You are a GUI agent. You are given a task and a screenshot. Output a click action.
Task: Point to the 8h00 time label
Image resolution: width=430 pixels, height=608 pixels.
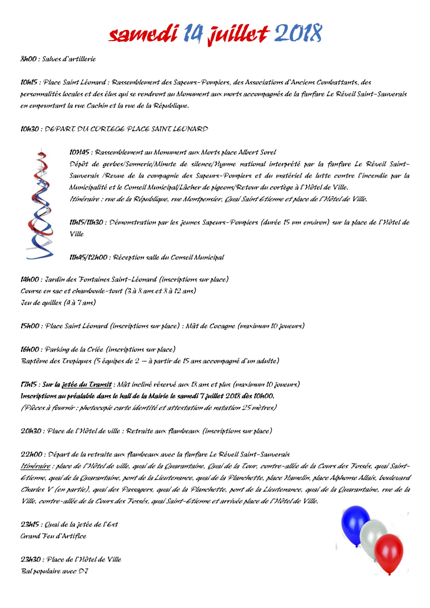coord(28,59)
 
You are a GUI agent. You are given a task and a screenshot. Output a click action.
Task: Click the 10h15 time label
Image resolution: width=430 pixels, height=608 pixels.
coord(29,82)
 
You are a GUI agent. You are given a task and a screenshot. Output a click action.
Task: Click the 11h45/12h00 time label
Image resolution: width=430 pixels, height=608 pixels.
coord(88,257)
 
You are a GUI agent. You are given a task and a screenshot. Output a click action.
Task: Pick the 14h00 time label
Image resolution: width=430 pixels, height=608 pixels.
coord(30,279)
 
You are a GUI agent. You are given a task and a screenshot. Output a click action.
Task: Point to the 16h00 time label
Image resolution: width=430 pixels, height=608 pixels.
coord(30,349)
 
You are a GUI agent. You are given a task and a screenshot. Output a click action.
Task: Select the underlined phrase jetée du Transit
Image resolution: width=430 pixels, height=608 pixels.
coord(87,384)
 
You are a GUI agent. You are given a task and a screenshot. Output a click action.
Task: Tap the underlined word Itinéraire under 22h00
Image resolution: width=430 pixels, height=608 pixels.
coord(35,466)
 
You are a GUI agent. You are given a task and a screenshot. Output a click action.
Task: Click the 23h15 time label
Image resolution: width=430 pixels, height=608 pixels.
coord(30,524)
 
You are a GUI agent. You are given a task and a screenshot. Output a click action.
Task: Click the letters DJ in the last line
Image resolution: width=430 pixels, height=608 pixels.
coord(83,571)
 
